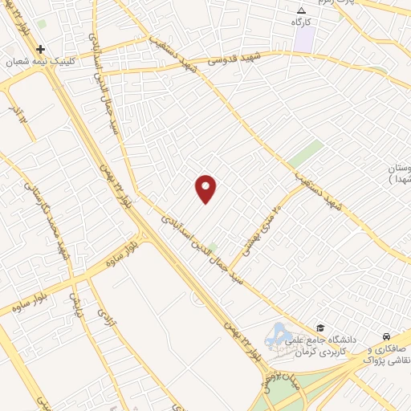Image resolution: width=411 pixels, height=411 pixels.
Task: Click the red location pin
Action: [x=206, y=189]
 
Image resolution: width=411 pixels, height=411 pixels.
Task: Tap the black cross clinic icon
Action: [x=40, y=49]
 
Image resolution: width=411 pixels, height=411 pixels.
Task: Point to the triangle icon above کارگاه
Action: [x=302, y=10]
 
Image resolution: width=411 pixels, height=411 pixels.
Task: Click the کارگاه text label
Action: [x=302, y=22]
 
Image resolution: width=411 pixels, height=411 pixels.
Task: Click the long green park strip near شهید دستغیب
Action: [x=305, y=153]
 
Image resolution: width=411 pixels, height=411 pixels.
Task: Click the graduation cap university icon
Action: [x=320, y=328]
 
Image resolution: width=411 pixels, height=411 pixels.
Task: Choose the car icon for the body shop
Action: [x=387, y=336]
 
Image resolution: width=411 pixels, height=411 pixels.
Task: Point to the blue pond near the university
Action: [x=279, y=334]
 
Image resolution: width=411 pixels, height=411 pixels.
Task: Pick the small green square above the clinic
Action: [x=41, y=24]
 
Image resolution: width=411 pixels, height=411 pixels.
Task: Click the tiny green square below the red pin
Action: [x=212, y=246]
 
